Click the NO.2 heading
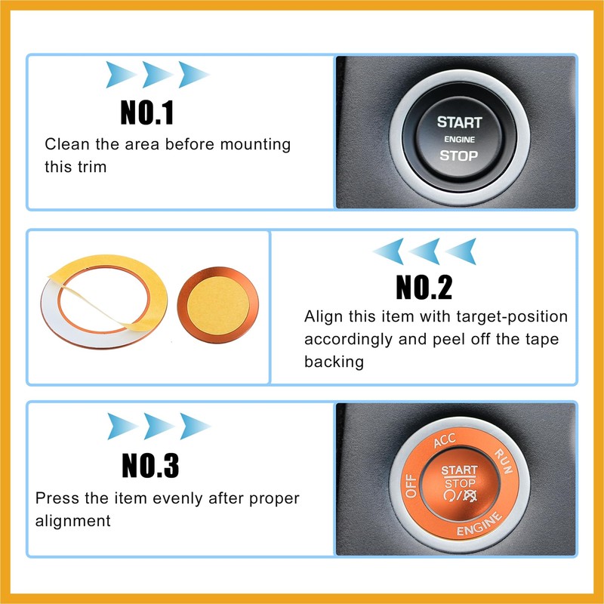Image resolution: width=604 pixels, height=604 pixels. point(424,287)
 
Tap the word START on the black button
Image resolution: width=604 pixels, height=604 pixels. point(458,122)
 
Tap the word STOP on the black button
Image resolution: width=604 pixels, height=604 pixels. point(458,156)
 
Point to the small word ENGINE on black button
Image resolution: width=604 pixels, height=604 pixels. point(458,140)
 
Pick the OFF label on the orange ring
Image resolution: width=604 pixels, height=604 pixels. point(412,484)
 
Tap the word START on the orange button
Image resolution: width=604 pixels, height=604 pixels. point(460,470)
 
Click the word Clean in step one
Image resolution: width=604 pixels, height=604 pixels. point(66,144)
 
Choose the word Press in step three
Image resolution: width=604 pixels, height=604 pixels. point(56,498)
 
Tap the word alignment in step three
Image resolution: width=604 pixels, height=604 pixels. point(73,520)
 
